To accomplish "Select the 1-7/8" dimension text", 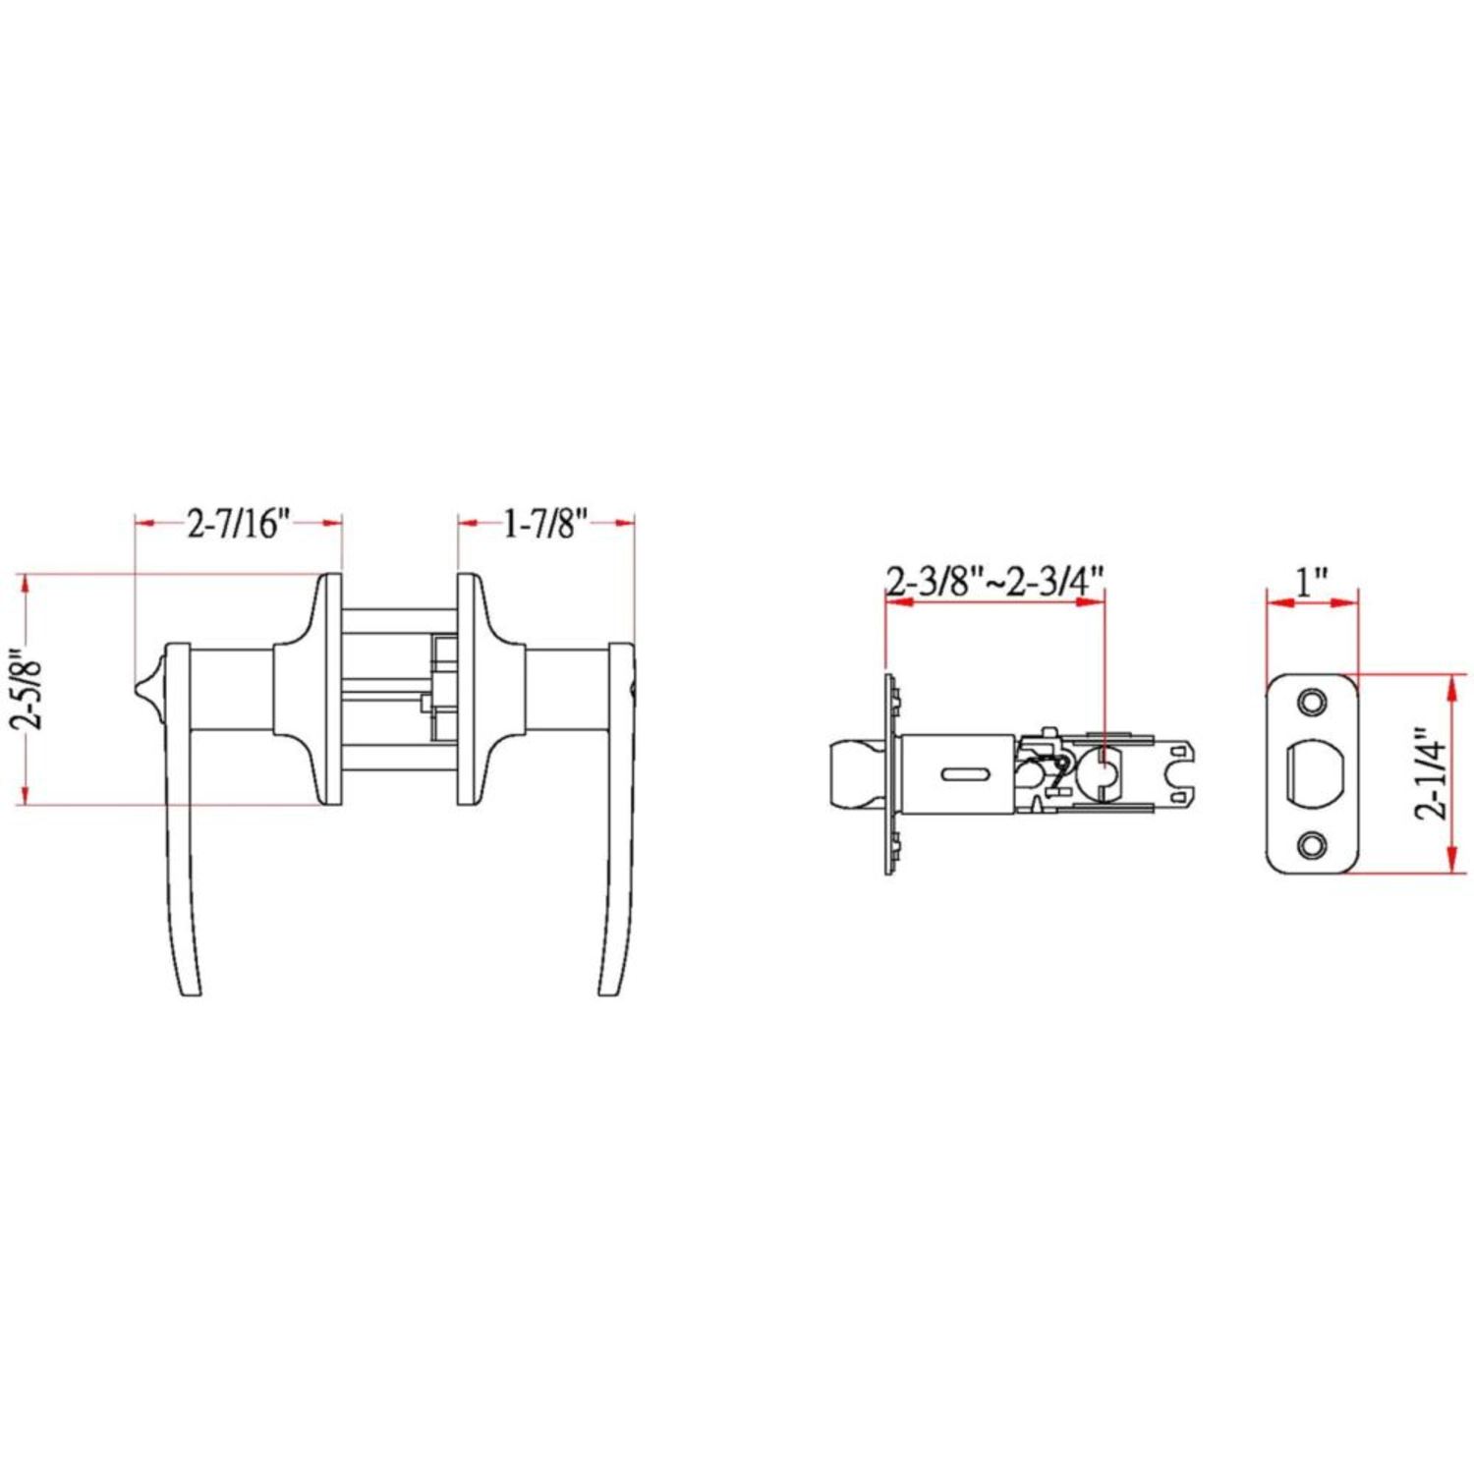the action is point(546,525).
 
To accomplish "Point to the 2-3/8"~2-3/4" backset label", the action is point(995,583).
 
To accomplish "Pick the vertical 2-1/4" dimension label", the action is point(1438,773).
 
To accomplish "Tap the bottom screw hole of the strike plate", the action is point(1311,844).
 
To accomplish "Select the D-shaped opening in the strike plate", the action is point(1311,772).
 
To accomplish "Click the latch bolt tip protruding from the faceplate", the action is point(851,773).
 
